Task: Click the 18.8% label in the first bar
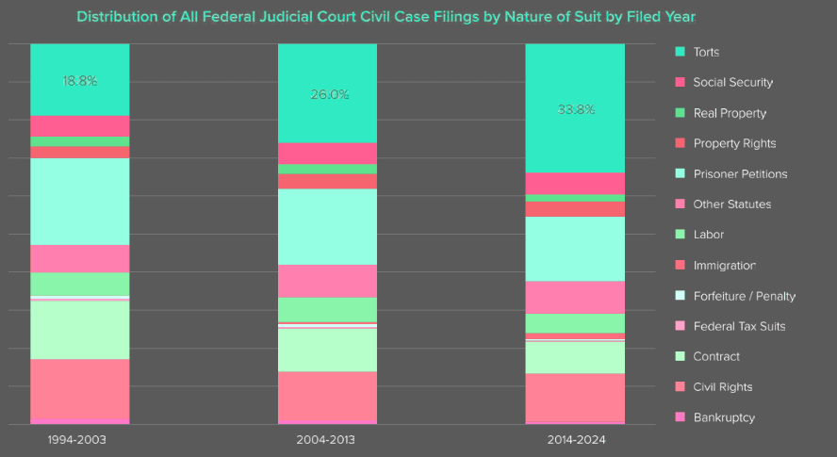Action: coord(79,81)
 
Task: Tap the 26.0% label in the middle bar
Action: coord(327,94)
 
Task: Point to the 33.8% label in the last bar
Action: coord(575,109)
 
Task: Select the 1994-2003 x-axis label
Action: coord(79,440)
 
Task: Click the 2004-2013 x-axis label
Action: coord(327,440)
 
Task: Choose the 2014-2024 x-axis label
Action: coord(575,440)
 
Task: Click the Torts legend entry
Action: coord(706,52)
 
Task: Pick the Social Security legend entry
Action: coord(732,82)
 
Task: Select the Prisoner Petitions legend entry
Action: coord(740,174)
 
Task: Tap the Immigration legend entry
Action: coord(724,266)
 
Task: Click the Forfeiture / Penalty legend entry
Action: coord(744,296)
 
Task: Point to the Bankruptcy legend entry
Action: coord(724,417)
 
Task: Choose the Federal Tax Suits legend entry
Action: coord(739,326)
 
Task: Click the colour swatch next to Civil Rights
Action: coord(680,387)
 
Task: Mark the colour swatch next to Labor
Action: coord(680,235)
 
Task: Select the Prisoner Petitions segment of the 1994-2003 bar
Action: coord(79,201)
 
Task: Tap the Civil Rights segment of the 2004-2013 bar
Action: coord(327,396)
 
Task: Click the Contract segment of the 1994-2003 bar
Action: coord(79,330)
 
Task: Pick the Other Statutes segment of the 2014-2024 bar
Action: coord(575,297)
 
